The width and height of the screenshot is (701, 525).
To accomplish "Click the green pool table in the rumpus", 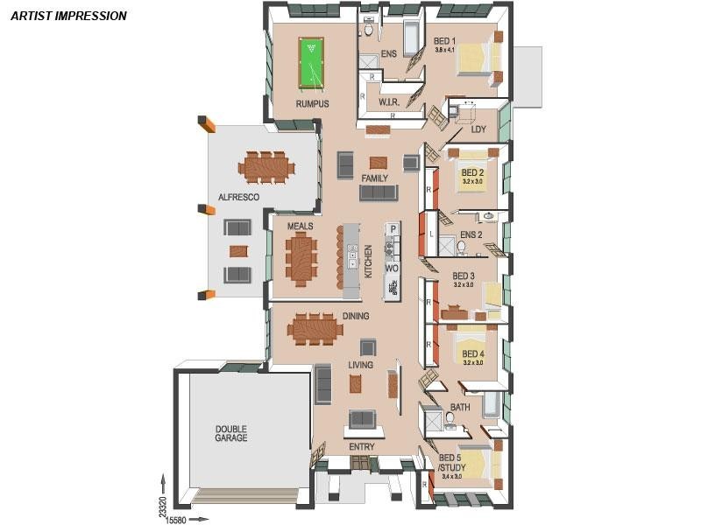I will [x=311, y=63].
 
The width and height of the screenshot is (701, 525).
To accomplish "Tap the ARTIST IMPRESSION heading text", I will [x=68, y=16].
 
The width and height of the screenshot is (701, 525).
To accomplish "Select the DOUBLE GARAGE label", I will [x=231, y=433].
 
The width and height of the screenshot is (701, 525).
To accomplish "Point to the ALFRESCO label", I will [x=238, y=199].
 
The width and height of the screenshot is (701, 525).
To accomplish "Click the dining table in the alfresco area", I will [x=266, y=166].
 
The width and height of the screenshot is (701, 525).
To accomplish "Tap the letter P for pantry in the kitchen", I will [x=393, y=229].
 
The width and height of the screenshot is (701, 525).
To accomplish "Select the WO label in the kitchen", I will [x=393, y=268].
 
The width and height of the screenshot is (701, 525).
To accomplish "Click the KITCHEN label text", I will [x=369, y=262].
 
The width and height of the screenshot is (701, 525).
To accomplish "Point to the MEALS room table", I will [x=301, y=258].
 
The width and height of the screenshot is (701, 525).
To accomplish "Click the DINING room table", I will [x=314, y=330].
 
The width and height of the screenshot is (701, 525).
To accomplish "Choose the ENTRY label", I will [x=362, y=447].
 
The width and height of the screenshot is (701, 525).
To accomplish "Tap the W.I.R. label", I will [x=389, y=102].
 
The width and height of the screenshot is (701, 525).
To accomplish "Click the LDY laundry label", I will [x=478, y=129].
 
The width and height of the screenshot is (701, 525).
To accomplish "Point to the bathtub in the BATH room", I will [x=492, y=404].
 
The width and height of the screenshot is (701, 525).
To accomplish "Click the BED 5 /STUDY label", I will [x=451, y=463].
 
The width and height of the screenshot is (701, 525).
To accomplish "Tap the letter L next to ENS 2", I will [x=433, y=235].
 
